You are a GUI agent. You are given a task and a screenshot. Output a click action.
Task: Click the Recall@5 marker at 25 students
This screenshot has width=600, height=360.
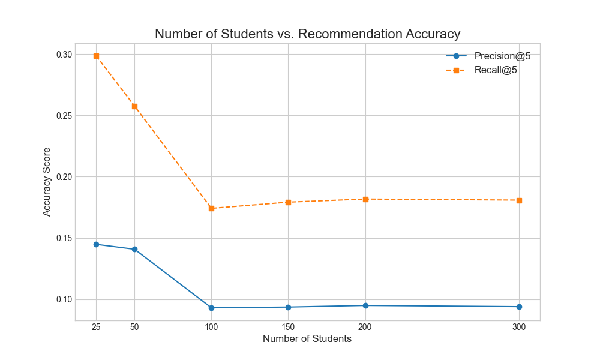(x=96, y=56)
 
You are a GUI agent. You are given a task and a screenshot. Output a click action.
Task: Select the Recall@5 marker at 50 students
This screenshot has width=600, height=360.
(x=134, y=107)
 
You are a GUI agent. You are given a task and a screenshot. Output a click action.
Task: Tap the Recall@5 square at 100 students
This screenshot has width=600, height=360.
(x=211, y=208)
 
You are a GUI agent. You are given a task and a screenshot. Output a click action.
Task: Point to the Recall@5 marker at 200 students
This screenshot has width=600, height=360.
(x=365, y=199)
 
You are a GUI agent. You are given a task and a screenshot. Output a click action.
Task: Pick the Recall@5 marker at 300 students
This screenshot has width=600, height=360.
(x=519, y=200)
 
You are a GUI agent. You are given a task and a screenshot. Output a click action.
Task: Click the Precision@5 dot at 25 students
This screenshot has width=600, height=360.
(x=96, y=244)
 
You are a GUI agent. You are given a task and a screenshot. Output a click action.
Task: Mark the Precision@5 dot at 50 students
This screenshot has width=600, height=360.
(x=134, y=249)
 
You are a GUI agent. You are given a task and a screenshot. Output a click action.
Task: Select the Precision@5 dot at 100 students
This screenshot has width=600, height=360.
(x=211, y=308)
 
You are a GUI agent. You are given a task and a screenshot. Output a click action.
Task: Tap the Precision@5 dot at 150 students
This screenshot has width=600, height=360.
(x=289, y=307)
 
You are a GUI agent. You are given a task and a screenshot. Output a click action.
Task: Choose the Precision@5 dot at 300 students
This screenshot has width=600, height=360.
(x=519, y=307)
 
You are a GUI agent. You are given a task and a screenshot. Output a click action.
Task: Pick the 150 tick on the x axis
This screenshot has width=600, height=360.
(x=289, y=327)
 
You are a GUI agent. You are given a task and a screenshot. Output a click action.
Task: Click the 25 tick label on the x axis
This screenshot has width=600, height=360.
(x=96, y=327)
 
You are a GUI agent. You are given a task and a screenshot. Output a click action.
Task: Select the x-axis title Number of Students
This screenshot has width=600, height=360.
(x=307, y=338)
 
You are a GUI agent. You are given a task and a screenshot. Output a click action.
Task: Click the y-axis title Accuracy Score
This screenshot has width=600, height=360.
(x=47, y=182)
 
